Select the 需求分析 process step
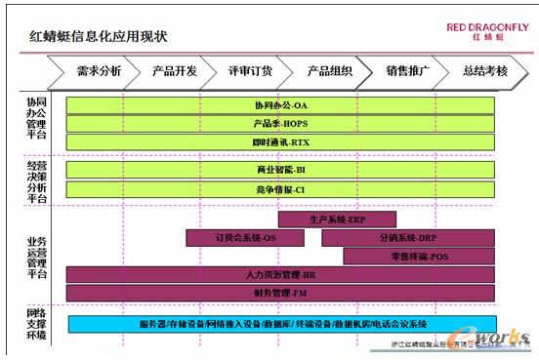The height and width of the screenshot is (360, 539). click(x=98, y=70)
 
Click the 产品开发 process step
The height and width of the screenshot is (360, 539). click(x=175, y=70)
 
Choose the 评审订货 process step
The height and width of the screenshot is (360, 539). click(x=251, y=70)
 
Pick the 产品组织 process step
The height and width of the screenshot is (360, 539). click(x=328, y=70)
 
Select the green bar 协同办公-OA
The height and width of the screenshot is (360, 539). click(x=280, y=105)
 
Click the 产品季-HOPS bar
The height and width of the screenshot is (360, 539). click(x=280, y=124)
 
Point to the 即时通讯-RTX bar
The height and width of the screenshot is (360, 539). click(x=280, y=142)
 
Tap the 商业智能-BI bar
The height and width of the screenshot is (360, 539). click(x=280, y=170)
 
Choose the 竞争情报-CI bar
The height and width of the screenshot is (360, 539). click(x=280, y=188)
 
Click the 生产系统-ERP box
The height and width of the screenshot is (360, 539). click(x=337, y=220)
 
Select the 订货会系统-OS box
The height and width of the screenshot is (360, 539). click(x=245, y=238)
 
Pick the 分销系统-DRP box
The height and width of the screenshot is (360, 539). click(x=407, y=238)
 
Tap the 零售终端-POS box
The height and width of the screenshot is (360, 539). click(x=419, y=257)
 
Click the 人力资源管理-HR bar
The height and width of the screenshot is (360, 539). click(x=280, y=275)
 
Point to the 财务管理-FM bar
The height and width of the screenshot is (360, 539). click(x=280, y=293)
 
